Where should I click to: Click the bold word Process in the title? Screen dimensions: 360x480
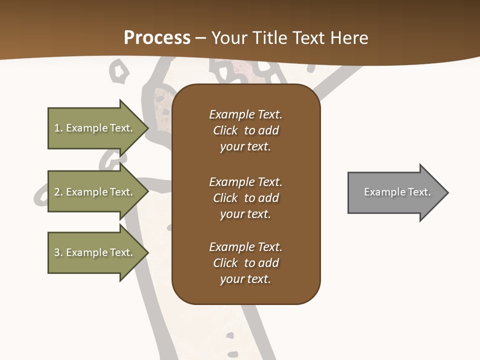pyautogui.click(x=157, y=38)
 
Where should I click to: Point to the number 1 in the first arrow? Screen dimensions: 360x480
pyautogui.click(x=57, y=128)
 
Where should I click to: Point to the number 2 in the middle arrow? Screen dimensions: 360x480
pyautogui.click(x=57, y=192)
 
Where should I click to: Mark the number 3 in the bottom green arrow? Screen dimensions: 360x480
pyautogui.click(x=57, y=252)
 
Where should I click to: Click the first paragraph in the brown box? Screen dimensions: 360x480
pyautogui.click(x=245, y=130)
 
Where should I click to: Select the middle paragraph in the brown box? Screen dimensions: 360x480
pyautogui.click(x=245, y=198)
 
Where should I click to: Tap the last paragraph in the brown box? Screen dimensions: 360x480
pyautogui.click(x=245, y=263)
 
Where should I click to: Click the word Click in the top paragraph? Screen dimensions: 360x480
pyautogui.click(x=225, y=130)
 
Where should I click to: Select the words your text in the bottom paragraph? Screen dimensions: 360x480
pyautogui.click(x=245, y=279)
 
